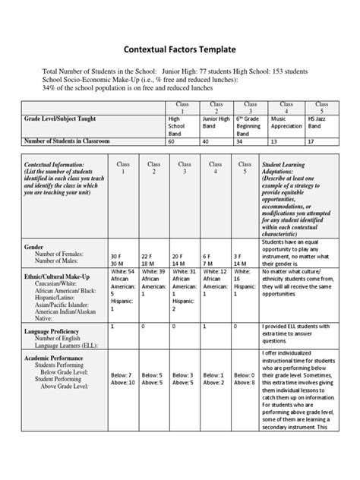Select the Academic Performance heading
58,358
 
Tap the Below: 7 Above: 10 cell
122,378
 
